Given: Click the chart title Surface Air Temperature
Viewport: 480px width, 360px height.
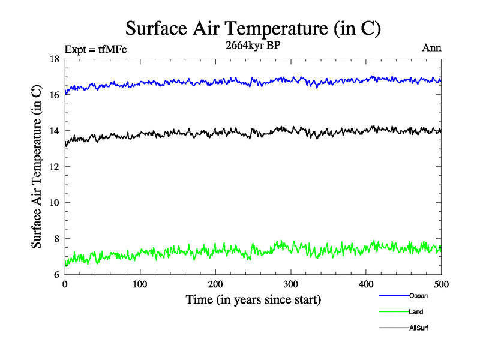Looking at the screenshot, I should coord(253,28).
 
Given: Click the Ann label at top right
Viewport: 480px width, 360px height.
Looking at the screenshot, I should coord(432,49).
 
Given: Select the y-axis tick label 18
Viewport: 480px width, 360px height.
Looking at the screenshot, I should coord(54,59).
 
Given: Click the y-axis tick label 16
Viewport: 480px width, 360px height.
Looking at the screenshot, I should coord(54,95).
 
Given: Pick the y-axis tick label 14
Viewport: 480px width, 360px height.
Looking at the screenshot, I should coord(54,131).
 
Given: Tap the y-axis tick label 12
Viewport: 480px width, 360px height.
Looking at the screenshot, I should coord(54,167).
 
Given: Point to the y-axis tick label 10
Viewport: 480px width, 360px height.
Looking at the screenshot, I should coord(54,203).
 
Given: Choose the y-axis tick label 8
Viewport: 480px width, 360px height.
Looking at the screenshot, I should coord(56,239).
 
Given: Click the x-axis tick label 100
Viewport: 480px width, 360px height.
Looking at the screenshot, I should coord(140,284).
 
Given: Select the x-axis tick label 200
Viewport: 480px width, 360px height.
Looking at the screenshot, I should coord(215,284).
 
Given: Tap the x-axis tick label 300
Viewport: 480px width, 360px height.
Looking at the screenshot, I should coord(291,284).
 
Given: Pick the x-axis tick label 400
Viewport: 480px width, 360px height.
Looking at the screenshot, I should coord(366,284).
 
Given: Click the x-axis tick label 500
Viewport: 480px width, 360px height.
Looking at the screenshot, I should coord(441,284).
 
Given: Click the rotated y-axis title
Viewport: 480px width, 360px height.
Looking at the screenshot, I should coord(37,167).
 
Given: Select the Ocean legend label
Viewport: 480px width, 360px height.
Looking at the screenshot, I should coord(418,296).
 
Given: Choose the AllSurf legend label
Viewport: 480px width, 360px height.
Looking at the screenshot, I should coord(419,328).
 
